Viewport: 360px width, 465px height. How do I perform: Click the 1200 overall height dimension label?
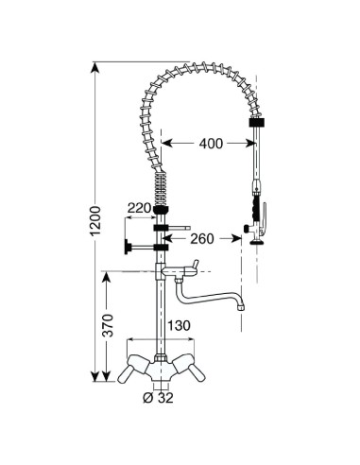95,221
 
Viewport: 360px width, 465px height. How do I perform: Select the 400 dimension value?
211,144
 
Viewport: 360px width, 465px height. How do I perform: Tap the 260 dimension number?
202,239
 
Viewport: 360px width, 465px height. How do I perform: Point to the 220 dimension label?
139,208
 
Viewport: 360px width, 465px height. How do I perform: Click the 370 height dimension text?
109,325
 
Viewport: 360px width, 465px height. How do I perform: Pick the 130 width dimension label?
179,325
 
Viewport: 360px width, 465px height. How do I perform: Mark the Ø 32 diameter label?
158,398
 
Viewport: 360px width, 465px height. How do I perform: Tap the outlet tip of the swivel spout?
241,307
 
